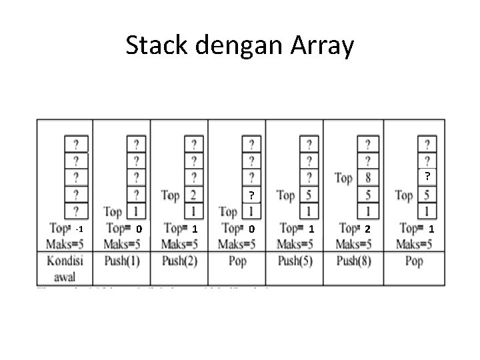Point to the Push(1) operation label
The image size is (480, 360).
tap(122, 261)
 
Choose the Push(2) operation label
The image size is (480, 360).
tap(179, 261)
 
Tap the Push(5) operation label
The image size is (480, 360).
tap(295, 261)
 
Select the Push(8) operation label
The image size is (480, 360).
tap(353, 261)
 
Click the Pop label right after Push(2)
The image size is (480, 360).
tap(237, 261)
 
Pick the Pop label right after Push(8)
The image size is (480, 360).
tap(414, 261)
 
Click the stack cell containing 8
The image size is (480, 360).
tap(368, 178)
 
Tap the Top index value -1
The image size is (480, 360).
tap(79, 229)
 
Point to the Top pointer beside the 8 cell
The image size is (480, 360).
tap(343, 178)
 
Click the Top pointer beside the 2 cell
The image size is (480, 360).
tap(170, 195)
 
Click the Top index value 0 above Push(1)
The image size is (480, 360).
tap(139, 229)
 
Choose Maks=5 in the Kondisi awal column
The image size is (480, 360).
tap(65, 243)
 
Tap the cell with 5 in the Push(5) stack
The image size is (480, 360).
tap(309, 195)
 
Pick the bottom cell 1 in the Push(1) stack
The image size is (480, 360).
tap(136, 212)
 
